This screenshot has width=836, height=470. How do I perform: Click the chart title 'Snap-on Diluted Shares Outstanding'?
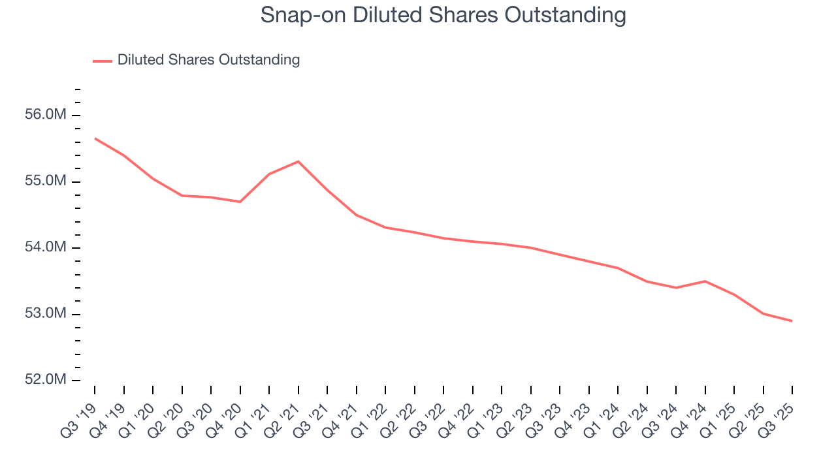(x=443, y=15)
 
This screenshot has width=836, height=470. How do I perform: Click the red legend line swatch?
(x=103, y=61)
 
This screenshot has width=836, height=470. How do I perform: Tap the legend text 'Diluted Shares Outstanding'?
(x=208, y=60)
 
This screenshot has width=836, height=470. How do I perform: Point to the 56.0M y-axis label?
(x=49, y=115)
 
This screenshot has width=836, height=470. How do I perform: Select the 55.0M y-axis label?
(x=49, y=181)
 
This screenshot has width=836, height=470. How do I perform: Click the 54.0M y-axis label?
(x=49, y=247)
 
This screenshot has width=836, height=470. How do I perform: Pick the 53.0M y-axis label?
(x=49, y=314)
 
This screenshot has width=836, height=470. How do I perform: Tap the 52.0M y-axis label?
(x=49, y=380)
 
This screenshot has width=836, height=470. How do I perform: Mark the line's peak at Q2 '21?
(x=298, y=161)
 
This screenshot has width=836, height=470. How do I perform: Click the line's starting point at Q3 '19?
(x=95, y=138)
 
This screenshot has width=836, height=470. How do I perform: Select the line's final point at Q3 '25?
(x=792, y=321)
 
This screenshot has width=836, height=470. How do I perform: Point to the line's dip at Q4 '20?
(x=240, y=202)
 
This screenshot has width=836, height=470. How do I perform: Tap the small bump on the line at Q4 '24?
(x=705, y=281)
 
